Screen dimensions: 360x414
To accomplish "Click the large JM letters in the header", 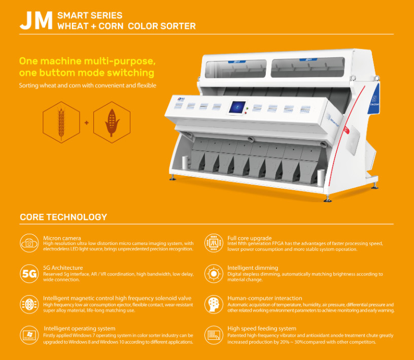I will click(36, 20).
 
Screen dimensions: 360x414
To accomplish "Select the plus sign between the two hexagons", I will click(86, 122).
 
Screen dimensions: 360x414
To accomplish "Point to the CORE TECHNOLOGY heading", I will click(63, 217).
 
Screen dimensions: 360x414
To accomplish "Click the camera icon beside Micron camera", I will click(29, 243).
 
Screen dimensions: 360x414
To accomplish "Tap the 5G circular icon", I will click(29, 274).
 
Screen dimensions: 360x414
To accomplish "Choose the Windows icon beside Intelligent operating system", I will click(29, 335).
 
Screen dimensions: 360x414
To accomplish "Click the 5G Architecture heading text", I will click(63, 268).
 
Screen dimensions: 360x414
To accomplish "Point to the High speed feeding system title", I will click(262, 329).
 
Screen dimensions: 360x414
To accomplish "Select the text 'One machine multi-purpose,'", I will click(87, 61).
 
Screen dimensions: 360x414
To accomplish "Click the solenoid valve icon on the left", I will click(29, 304).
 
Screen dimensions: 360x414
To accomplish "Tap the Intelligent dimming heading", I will click(253, 268).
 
